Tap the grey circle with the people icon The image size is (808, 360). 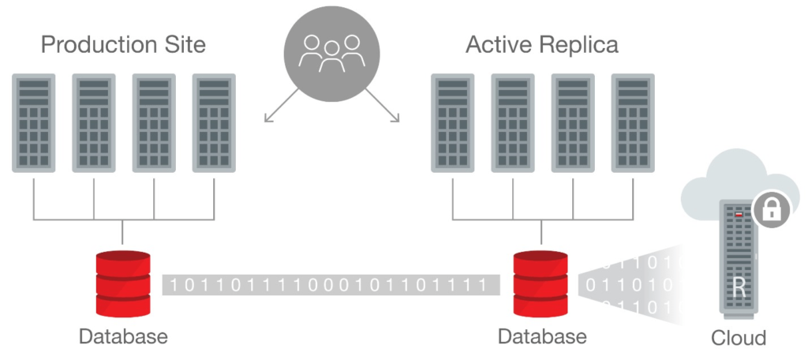pyautogui.click(x=331, y=52)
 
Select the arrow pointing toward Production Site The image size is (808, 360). pyautogui.click(x=281, y=105)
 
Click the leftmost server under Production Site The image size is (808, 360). pyautogui.click(x=33, y=123)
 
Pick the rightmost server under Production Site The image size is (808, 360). pyautogui.click(x=215, y=123)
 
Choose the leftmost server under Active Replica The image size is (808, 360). pyautogui.click(x=453, y=123)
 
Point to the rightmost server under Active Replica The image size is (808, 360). pyautogui.click(x=634, y=123)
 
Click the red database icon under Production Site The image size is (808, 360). pyautogui.click(x=122, y=283)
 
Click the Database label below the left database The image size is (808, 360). pyautogui.click(x=123, y=336)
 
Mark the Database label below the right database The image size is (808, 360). pyautogui.click(x=542, y=336)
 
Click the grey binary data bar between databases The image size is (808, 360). pyautogui.click(x=331, y=284)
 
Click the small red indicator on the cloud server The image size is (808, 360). pyautogui.click(x=739, y=213)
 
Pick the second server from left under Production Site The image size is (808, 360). pyautogui.click(x=94, y=123)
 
